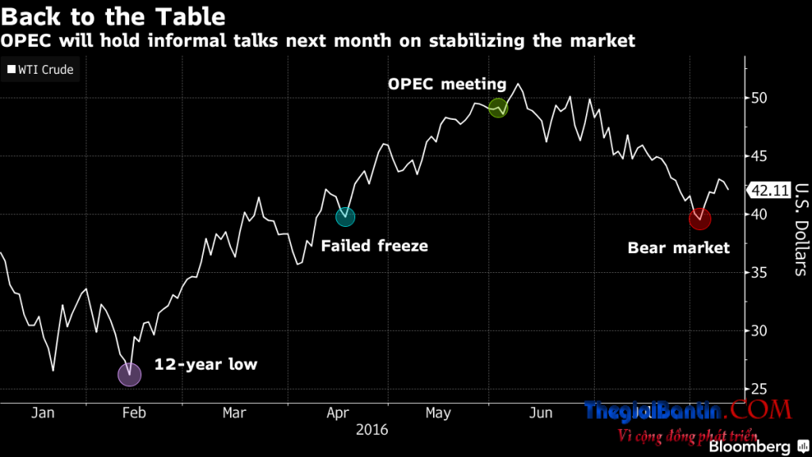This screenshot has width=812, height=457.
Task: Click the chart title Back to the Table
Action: (113, 16)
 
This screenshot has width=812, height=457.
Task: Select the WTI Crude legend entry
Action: (40, 70)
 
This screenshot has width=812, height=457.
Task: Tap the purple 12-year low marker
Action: (129, 374)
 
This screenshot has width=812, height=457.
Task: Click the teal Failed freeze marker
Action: (345, 216)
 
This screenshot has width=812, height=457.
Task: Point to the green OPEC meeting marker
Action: (498, 108)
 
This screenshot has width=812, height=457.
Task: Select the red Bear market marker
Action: (699, 218)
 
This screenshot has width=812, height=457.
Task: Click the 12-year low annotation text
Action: (207, 365)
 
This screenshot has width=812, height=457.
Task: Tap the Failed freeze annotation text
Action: (374, 246)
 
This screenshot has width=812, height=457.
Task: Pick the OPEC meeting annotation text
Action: (446, 84)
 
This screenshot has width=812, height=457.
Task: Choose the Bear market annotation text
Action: (678, 248)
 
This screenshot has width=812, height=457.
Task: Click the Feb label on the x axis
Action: (132, 413)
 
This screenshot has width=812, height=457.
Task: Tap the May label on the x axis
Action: (438, 413)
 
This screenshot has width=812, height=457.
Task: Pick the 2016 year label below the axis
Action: (372, 429)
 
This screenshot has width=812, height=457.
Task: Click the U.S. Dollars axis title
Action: (800, 230)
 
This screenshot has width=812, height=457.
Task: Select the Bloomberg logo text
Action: (749, 447)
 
